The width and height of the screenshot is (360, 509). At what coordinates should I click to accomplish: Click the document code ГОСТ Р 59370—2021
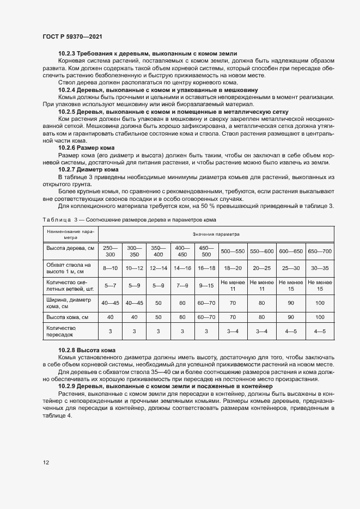click(x=72, y=36)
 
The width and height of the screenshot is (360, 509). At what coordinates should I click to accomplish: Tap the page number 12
click(x=46, y=463)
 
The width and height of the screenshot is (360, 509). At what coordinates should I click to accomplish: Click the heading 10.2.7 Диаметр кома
click(x=89, y=169)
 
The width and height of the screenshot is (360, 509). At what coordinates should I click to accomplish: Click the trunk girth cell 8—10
click(x=110, y=268)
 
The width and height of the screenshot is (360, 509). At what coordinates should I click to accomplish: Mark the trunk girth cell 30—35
click(x=320, y=268)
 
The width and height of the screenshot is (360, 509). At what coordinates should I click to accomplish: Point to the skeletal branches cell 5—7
click(x=110, y=285)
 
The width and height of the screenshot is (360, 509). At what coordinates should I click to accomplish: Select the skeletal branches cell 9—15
click(x=206, y=285)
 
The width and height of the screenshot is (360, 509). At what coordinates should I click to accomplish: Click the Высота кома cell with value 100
click(x=320, y=316)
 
